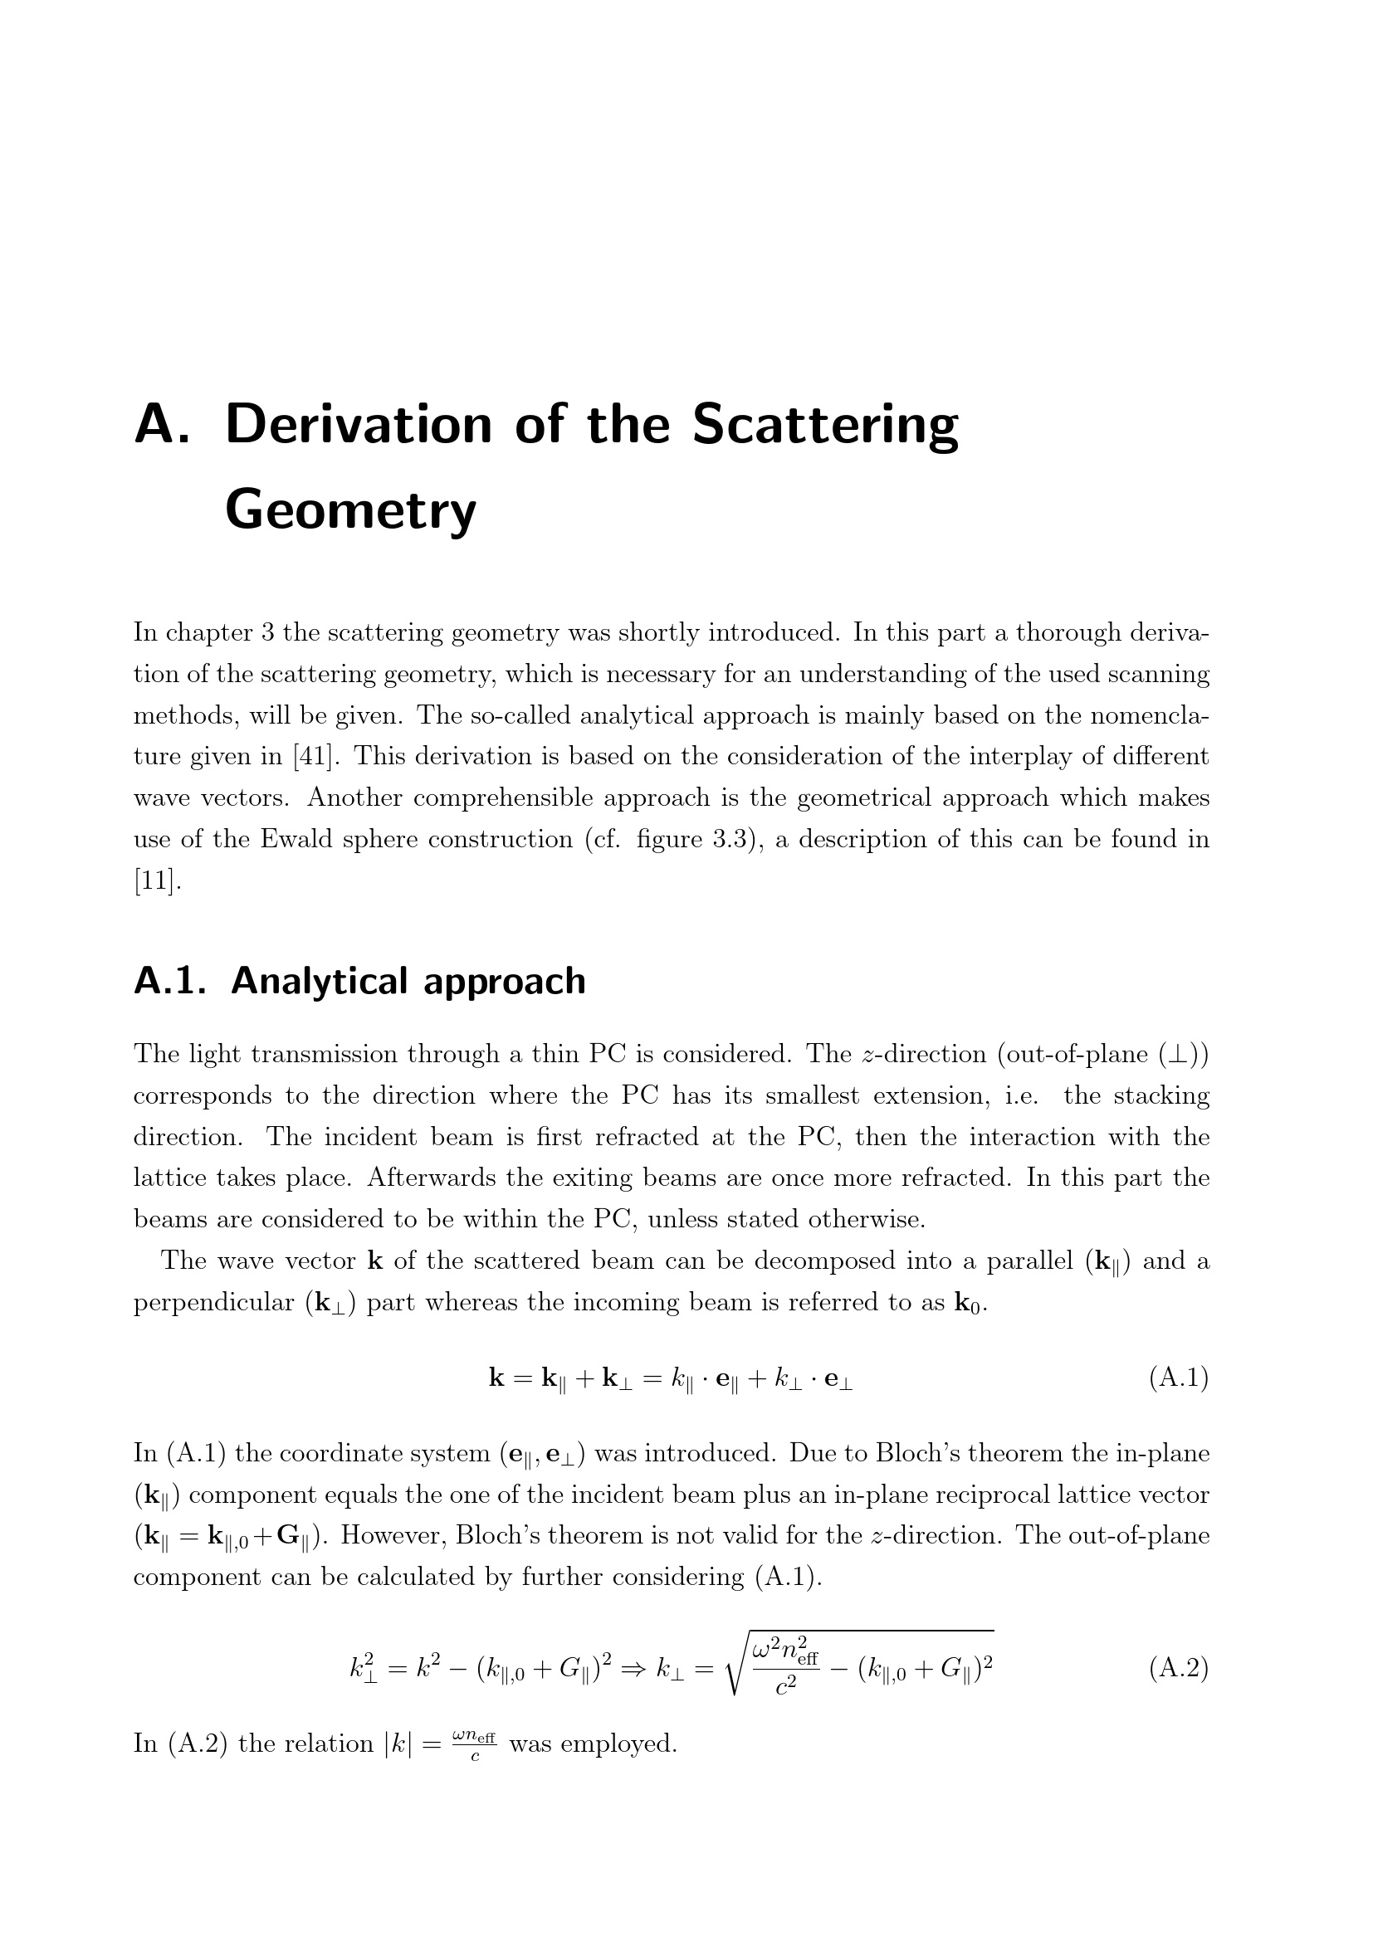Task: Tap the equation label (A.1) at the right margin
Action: coord(1179,1378)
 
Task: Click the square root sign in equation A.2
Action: coord(732,1668)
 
